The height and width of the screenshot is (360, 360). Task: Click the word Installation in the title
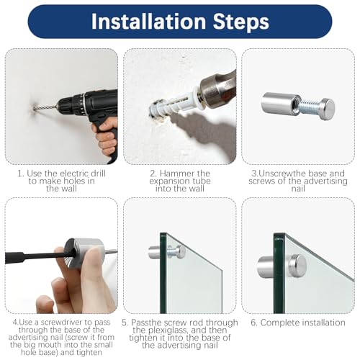[x=149, y=22]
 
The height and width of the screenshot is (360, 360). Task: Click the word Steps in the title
[x=240, y=22]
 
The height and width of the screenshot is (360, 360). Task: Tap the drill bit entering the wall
[x=46, y=107]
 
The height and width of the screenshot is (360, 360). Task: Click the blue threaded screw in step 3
[x=310, y=107]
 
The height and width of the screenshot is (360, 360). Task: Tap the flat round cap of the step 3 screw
[x=327, y=109]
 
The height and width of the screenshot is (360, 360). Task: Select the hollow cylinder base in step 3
[x=280, y=104]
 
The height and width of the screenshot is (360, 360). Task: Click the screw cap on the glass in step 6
[x=297, y=266]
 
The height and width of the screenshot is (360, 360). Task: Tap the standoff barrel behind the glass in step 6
[x=266, y=267]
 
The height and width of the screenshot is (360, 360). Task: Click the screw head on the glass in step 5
[x=178, y=251]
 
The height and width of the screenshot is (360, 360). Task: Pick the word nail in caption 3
[x=298, y=189]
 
